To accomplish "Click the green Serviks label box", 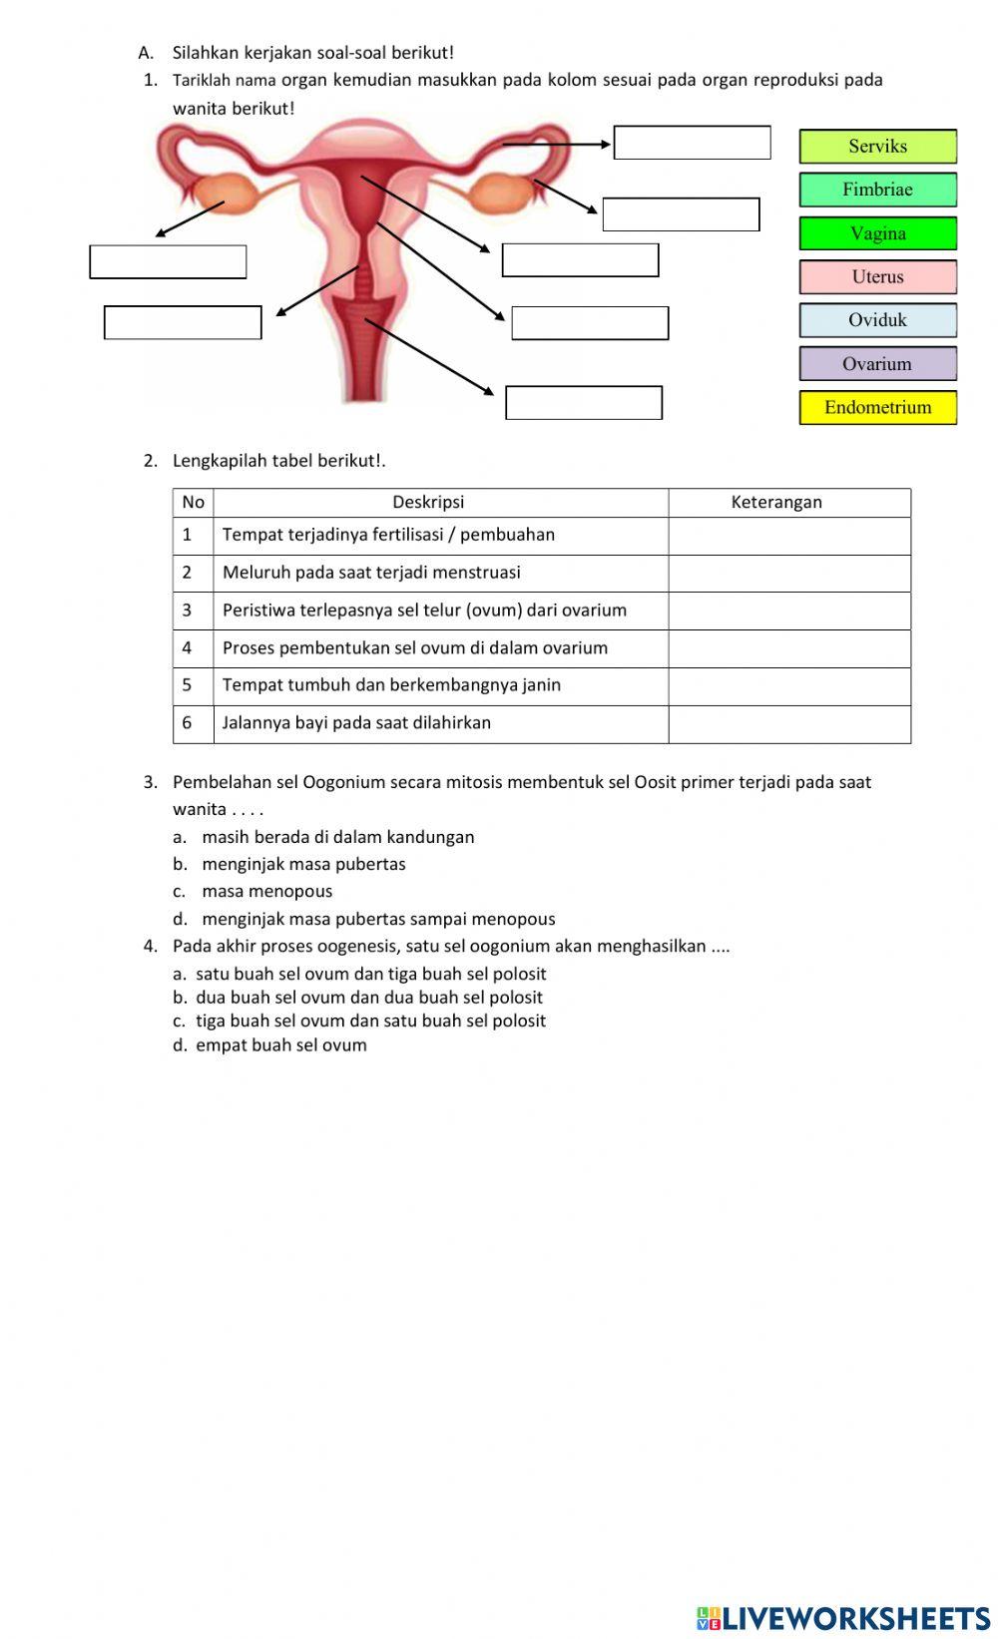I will [877, 146].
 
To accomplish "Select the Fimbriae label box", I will [877, 190].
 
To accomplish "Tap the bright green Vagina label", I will [877, 233].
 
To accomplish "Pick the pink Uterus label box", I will [877, 276].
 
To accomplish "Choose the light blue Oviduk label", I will [877, 320].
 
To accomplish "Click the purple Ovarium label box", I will [877, 364].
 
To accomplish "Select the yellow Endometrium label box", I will [877, 407].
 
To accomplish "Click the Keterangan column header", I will [776, 502].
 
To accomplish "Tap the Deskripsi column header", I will [428, 502].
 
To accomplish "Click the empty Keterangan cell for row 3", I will [788, 611].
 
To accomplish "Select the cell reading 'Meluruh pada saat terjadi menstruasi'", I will [371, 573].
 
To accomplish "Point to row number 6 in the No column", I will [187, 723].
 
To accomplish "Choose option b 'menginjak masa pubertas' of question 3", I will [303, 864].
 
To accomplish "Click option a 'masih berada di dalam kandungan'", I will [337, 837].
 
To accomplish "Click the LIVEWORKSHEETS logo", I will [843, 1617].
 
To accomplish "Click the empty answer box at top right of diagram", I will [692, 143].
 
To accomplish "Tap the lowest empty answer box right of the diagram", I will [584, 403].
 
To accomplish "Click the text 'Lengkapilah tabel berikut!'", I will [278, 461].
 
